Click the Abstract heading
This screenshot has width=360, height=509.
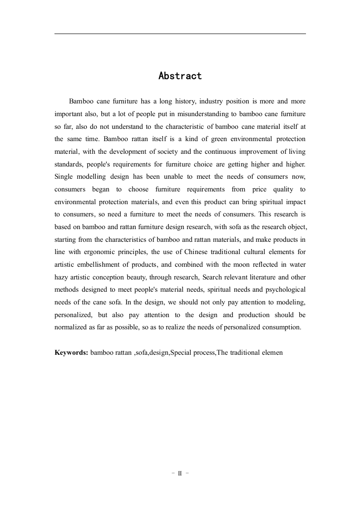[180, 76]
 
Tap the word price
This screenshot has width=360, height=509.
[259, 189]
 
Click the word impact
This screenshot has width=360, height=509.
[296, 201]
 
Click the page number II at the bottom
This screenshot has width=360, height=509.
[180, 473]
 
